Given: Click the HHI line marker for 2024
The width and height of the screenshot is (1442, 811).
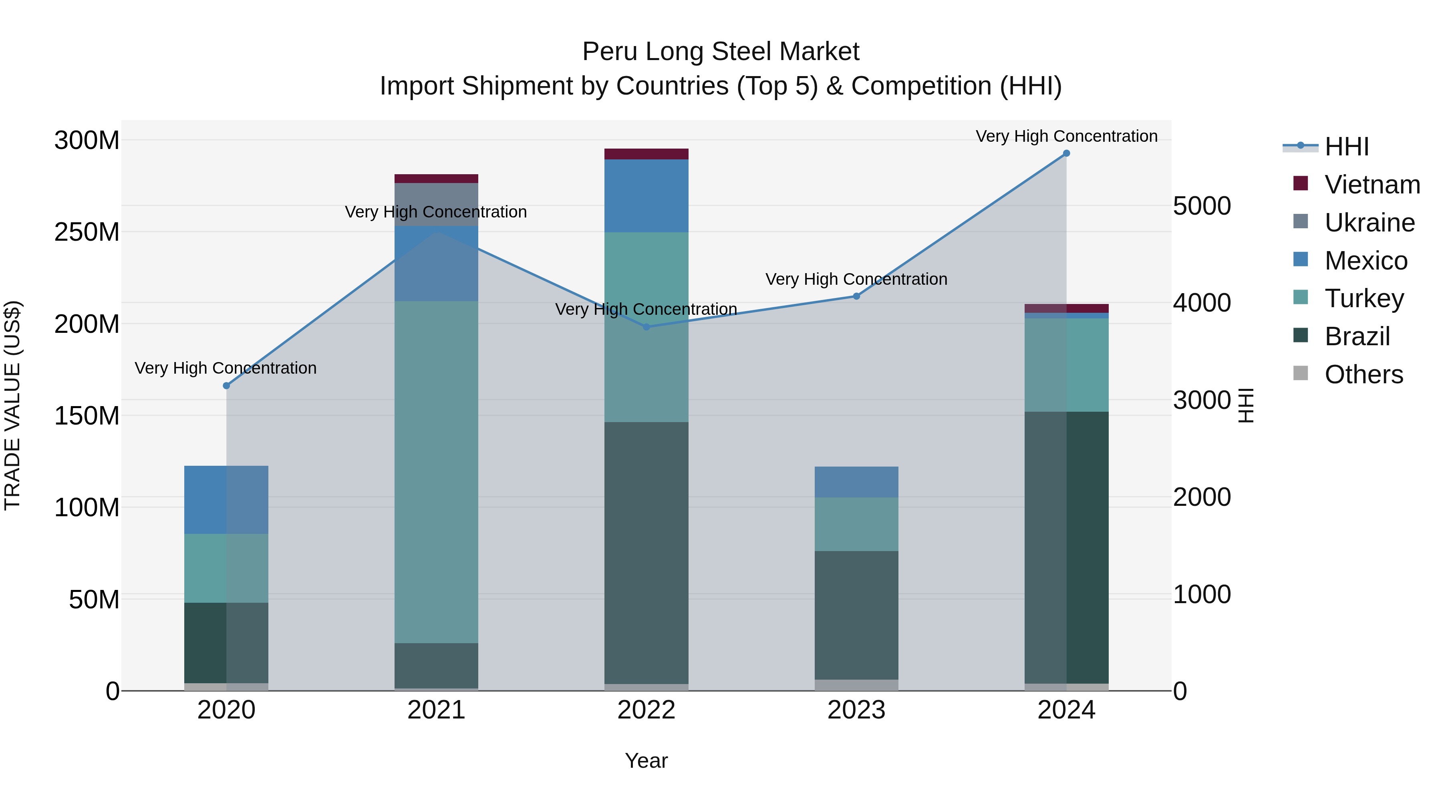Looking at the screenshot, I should coord(1066,153).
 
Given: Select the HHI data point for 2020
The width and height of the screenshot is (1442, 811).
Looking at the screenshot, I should coord(226,386).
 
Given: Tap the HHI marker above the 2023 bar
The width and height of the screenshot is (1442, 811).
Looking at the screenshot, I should coord(856,296).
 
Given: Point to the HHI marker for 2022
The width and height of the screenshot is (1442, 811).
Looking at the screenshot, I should coord(646,327).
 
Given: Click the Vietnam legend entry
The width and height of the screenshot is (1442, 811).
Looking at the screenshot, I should coord(1372,185).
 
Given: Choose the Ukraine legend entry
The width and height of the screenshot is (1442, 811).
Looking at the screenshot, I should coord(1369,223).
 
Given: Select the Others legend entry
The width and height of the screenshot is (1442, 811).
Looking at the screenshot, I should coord(1363,374).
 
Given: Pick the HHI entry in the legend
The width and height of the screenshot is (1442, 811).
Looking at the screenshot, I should coord(1346,147).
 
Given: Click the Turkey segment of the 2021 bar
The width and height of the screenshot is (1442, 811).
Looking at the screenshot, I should coord(436,471).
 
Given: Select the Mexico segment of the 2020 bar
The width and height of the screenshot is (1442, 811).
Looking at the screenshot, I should coord(226,499).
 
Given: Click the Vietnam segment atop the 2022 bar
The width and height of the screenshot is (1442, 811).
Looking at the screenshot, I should coord(646,154).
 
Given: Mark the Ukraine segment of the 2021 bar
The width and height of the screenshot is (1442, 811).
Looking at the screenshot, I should coord(436,204).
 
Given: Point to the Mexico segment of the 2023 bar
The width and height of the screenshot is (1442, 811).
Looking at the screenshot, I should coord(856,482).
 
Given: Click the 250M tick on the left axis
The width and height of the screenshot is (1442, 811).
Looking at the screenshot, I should coord(87,232).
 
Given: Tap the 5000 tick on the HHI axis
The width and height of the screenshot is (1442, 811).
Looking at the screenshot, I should coord(1202,206).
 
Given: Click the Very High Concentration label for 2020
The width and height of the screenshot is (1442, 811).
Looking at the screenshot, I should coord(226,368).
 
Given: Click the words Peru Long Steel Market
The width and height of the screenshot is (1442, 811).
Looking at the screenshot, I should coord(721,52).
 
